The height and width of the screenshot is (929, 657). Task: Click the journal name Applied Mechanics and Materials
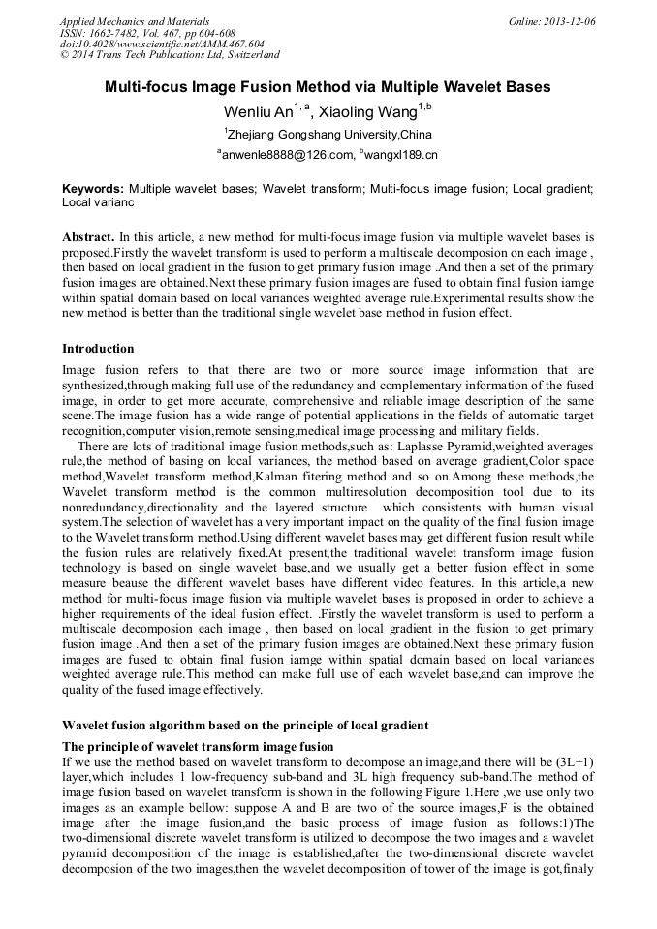click(134, 20)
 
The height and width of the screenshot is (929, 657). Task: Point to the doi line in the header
click(162, 44)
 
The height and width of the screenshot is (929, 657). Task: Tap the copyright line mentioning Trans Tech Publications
click(170, 55)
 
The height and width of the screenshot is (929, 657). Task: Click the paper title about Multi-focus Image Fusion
click(328, 87)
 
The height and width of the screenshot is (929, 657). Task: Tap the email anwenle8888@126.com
click(286, 155)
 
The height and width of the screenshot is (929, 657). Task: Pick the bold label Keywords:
click(93, 189)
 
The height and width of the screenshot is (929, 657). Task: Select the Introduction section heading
click(98, 348)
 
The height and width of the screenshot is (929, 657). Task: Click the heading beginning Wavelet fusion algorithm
click(245, 725)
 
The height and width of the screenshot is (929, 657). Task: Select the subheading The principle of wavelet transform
click(198, 746)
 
